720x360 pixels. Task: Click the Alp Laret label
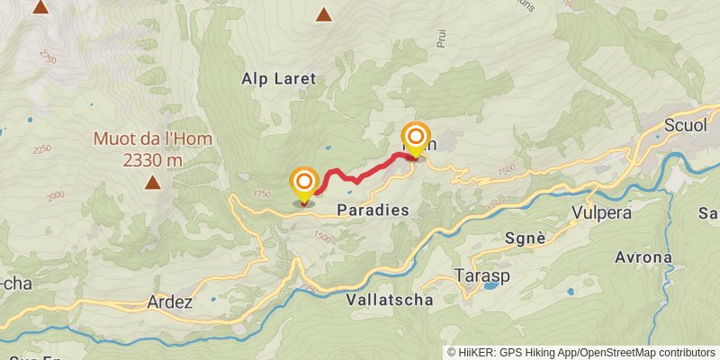pos(279,79)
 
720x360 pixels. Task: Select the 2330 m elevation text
pos(152,160)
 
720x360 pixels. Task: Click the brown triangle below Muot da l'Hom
pos(153,184)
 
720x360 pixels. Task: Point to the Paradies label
pos(373,210)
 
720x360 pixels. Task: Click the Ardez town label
pos(169,303)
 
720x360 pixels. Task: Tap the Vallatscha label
pos(389,300)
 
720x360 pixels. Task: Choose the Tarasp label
pos(477,274)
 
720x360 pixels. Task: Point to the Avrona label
pos(643,257)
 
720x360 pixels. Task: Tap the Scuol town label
pos(685,126)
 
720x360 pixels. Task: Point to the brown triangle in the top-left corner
pos(40,7)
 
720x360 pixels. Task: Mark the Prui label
pos(441,37)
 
